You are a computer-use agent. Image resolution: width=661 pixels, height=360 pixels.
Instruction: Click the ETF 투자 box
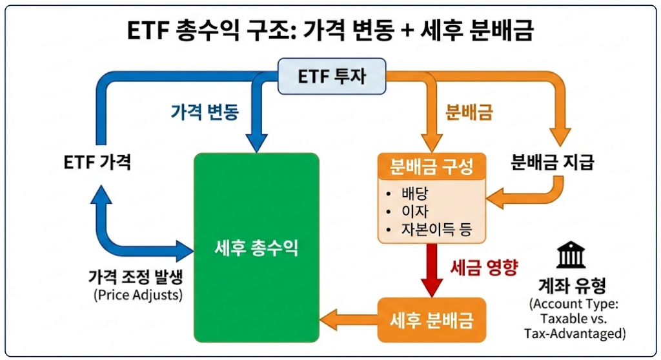pyautogui.click(x=332, y=76)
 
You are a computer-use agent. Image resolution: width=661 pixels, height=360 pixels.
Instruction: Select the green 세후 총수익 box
pyautogui.click(x=257, y=248)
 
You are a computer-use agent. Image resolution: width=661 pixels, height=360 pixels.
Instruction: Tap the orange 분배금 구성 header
pyautogui.click(x=430, y=167)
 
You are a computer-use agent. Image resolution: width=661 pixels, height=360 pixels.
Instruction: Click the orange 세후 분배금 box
pyautogui.click(x=431, y=319)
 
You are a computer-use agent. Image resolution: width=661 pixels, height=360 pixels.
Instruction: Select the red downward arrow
pyautogui.click(x=431, y=271)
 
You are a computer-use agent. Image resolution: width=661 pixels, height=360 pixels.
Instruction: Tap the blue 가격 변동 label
pyautogui.click(x=205, y=112)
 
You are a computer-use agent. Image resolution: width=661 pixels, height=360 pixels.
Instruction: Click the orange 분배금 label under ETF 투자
pyautogui.click(x=469, y=112)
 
